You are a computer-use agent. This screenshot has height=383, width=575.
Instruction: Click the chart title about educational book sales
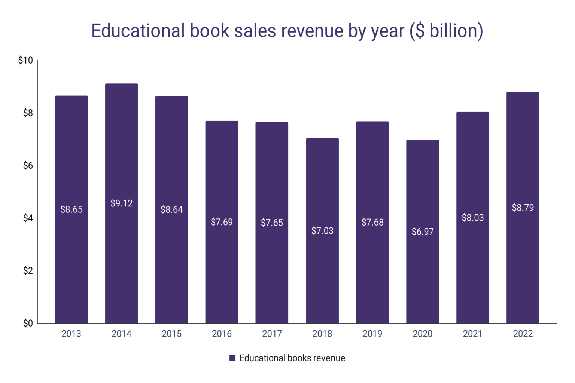coord(287,31)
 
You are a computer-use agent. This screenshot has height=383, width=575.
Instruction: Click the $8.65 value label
coord(72,209)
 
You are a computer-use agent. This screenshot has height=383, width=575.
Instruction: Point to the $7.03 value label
coord(322,231)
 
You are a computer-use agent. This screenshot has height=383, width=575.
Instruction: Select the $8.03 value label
coord(472,218)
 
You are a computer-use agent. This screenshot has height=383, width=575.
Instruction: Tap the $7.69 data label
coord(222,222)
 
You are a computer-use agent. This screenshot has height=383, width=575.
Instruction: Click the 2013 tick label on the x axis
coord(71,334)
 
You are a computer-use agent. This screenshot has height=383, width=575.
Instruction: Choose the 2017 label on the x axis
coord(272,334)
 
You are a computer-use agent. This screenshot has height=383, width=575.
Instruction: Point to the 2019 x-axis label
coord(372,334)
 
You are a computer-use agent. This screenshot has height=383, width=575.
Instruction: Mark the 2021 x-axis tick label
coord(472,334)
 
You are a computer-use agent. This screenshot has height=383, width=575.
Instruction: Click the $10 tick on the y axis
coord(25,60)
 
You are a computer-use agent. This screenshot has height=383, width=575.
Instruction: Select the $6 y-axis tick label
coord(28,165)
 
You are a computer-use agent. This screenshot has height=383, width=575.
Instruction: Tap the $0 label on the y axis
coord(28,323)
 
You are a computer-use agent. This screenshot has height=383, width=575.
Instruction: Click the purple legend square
coord(232,358)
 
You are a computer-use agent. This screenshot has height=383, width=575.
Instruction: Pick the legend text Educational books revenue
coord(292,358)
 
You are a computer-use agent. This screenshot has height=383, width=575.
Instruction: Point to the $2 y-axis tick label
coord(28,270)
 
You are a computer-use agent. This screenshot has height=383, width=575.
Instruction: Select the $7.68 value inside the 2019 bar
coord(372,222)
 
